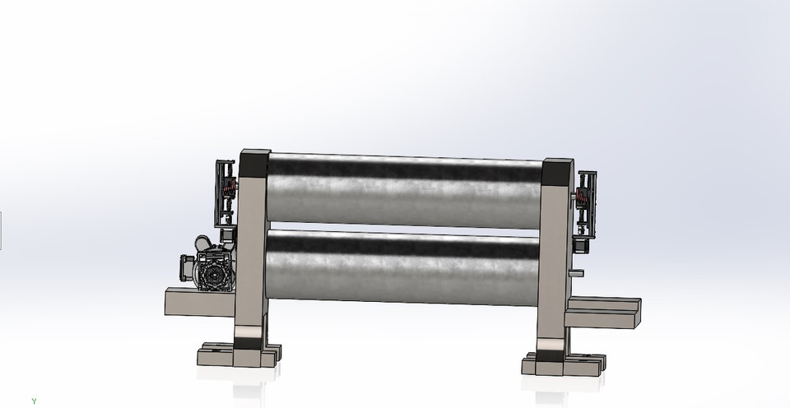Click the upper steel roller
coord(403,191)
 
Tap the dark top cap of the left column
coord(254,163)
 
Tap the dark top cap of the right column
coord(558,172)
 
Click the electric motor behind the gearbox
coord(202,246)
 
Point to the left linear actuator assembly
coord(225,193)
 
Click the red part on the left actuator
coord(231,187)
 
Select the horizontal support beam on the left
coord(199,302)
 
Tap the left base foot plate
coord(239,358)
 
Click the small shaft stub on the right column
coord(578,272)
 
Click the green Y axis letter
coord(34,401)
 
